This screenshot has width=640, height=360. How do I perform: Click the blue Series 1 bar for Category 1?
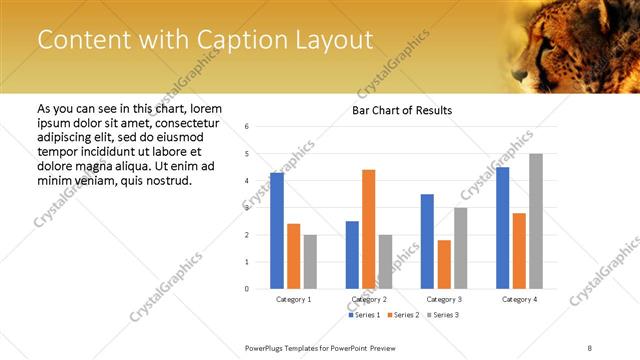(x=277, y=231)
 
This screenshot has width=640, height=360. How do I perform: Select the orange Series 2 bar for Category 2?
(x=369, y=229)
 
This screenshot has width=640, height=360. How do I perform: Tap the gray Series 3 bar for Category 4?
(x=536, y=221)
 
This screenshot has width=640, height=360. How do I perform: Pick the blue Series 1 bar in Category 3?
(x=427, y=241)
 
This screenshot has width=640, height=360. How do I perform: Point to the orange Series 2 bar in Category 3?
(x=444, y=264)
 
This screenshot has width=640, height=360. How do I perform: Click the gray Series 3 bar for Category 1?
(x=310, y=262)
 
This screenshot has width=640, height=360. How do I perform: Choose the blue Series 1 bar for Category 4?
(x=502, y=228)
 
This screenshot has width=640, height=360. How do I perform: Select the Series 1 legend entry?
(x=364, y=316)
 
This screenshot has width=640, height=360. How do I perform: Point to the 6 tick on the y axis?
(x=247, y=127)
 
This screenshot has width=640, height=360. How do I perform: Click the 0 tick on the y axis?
(x=247, y=289)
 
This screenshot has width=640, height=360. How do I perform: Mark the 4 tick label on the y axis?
(x=247, y=181)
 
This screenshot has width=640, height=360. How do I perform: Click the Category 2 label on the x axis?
(x=369, y=299)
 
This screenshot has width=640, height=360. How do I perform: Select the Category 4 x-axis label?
(x=519, y=299)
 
